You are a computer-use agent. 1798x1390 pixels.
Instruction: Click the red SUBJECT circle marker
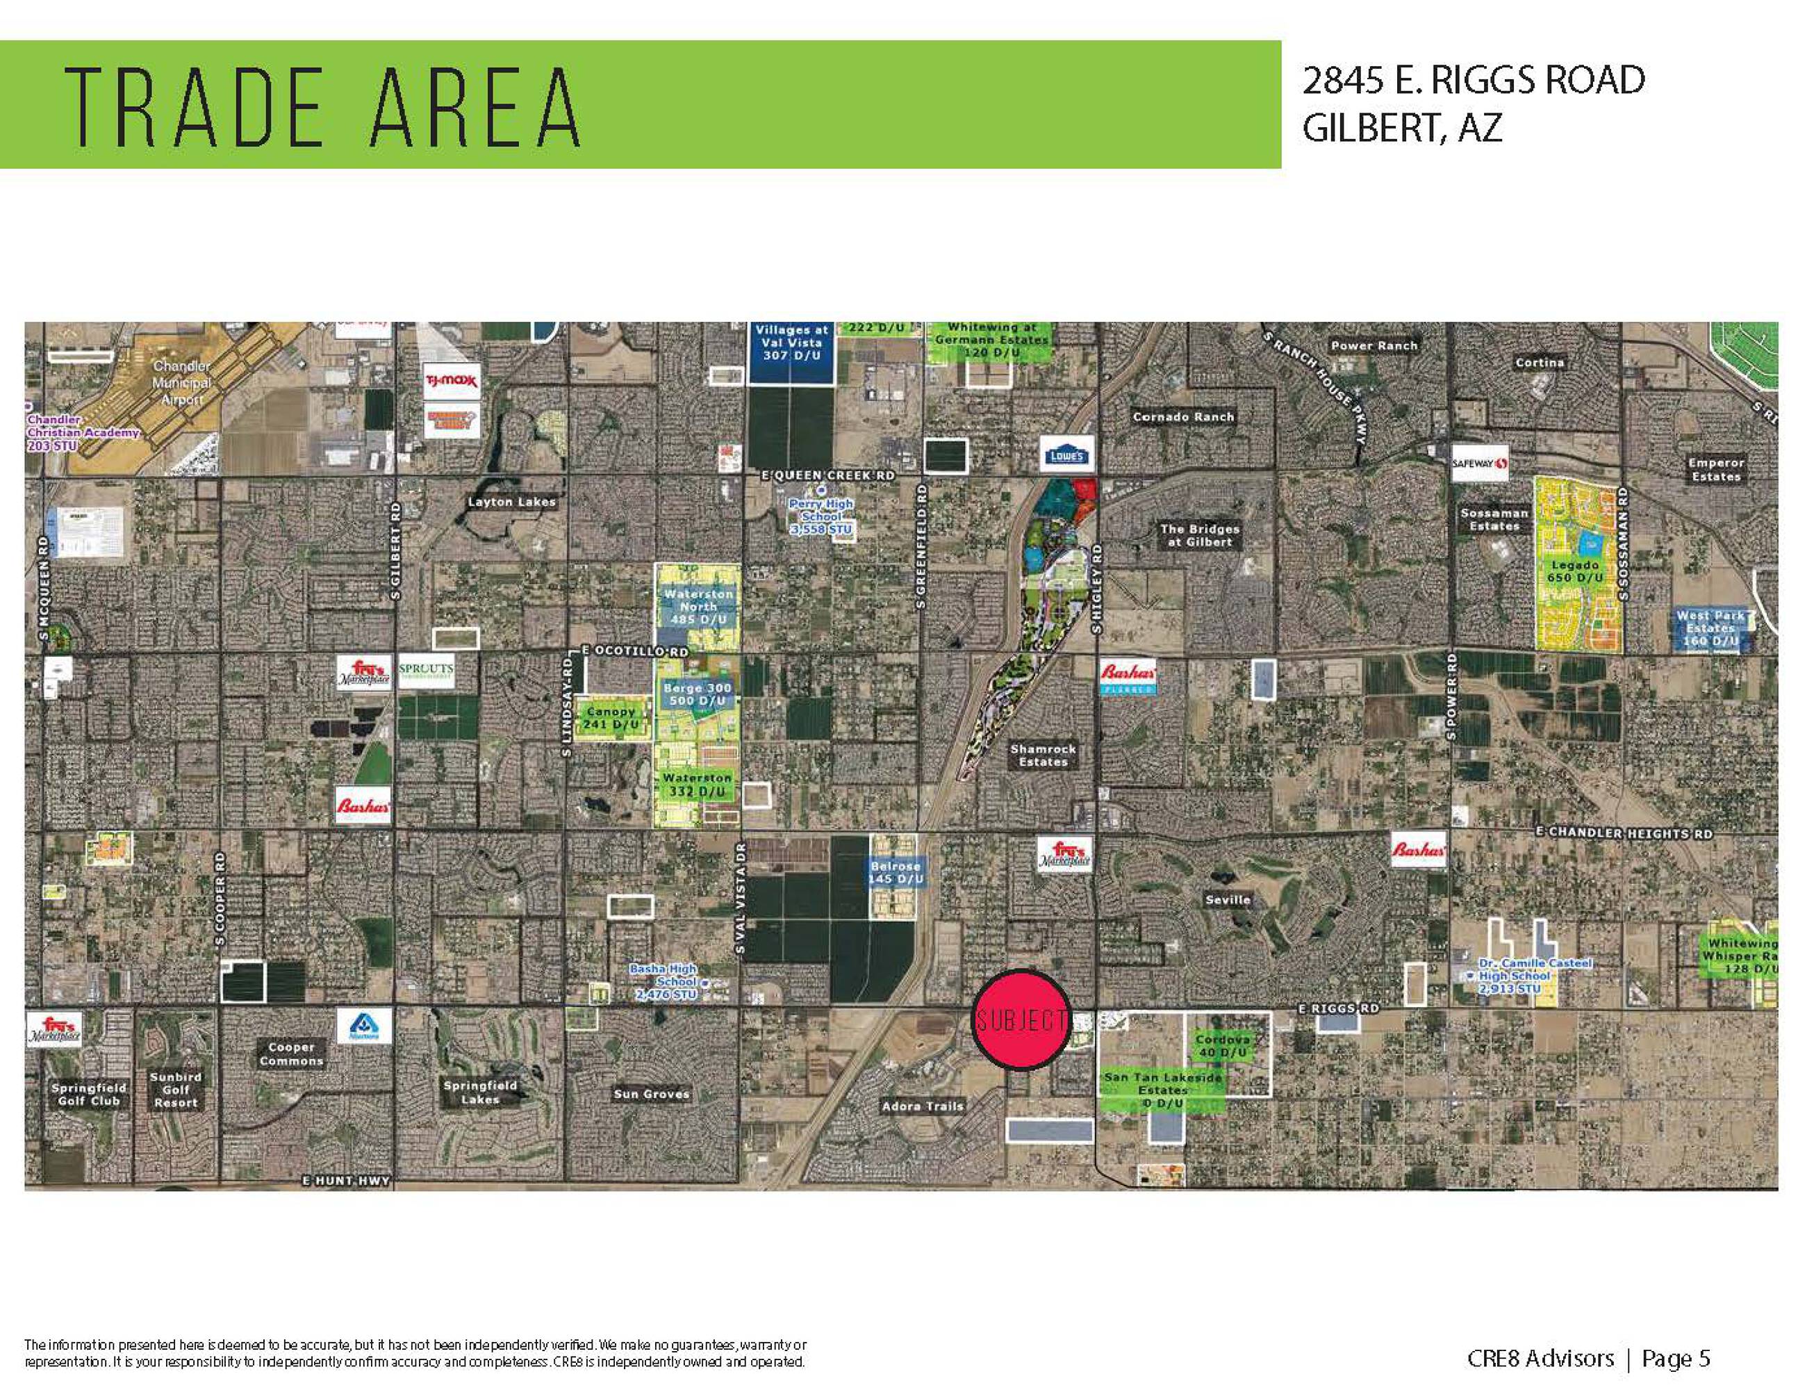[1021, 1020]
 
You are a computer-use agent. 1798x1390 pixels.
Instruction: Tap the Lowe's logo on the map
[1067, 455]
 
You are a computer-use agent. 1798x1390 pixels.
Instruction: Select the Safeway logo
[1479, 464]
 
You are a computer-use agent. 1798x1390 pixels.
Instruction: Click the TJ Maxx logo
[450, 380]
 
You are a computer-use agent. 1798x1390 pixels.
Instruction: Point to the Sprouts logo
[426, 671]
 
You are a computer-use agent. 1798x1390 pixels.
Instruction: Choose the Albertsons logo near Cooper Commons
[363, 1026]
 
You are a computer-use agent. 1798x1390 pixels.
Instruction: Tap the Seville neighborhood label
[1228, 900]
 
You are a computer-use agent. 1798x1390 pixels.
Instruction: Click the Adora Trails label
[922, 1106]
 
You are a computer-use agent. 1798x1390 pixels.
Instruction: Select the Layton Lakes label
[511, 502]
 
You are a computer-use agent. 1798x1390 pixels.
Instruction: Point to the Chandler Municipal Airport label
[181, 382]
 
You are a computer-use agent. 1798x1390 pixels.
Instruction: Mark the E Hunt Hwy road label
[346, 1180]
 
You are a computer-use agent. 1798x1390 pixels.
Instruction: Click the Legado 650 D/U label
[1575, 571]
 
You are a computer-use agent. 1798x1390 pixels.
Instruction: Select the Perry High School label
[820, 516]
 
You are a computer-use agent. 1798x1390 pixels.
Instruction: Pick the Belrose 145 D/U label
[896, 873]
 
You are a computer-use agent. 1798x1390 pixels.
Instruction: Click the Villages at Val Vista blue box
[791, 352]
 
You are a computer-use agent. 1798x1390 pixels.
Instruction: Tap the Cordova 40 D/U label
[1223, 1046]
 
